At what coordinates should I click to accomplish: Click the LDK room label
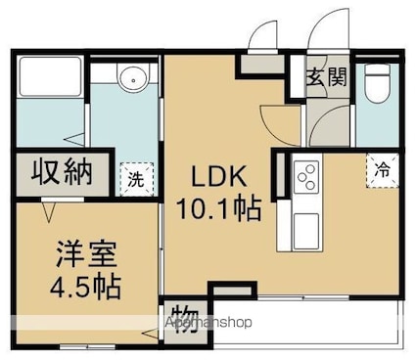pos(219,175)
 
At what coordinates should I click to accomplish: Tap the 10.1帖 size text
pos(219,208)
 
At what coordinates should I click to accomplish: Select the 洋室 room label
pos(86,254)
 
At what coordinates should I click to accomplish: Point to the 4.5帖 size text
pos(85,288)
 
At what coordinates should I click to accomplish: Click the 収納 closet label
pos(62,172)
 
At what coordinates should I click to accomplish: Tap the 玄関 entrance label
pos(326,77)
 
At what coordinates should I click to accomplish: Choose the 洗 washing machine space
pos(136,179)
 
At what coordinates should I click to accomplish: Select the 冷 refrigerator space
pos(382,170)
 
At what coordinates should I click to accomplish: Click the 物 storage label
pos(186,320)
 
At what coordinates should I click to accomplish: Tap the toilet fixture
pos(377,83)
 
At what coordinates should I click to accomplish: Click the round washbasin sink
pos(133,79)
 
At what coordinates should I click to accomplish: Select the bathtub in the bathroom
pos(50,76)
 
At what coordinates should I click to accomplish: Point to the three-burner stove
pos(306,177)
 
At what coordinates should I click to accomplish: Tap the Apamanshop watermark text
pos(208,322)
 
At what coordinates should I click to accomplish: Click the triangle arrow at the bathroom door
pos(74,140)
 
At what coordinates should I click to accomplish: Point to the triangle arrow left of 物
pos(151,334)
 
